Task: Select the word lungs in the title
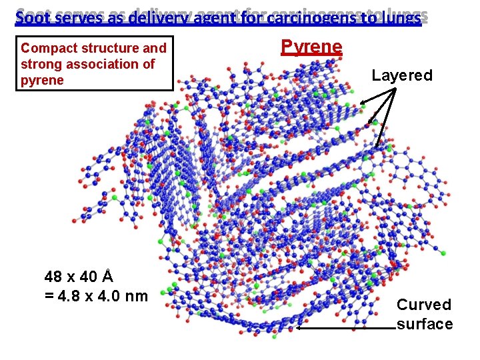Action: pos(399,17)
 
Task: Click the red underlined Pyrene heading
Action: pos(311,47)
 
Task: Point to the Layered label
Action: pos(402,75)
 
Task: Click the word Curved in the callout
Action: pos(424,305)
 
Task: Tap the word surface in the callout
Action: pos(425,324)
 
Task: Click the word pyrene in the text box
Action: pos(42,81)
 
